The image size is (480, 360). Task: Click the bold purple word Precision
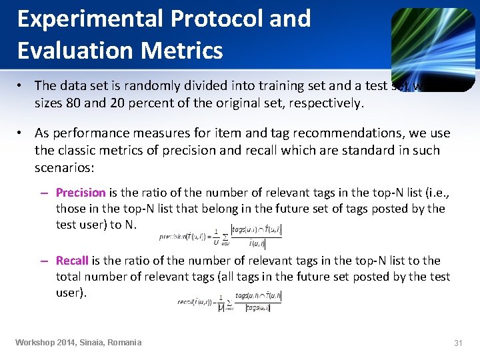81,193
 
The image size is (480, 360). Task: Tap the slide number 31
458,343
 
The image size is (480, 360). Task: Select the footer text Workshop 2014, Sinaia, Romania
79,343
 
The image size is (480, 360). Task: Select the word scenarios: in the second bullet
64,166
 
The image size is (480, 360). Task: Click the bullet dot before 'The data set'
21,85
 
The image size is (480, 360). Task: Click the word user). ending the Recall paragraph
71,293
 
